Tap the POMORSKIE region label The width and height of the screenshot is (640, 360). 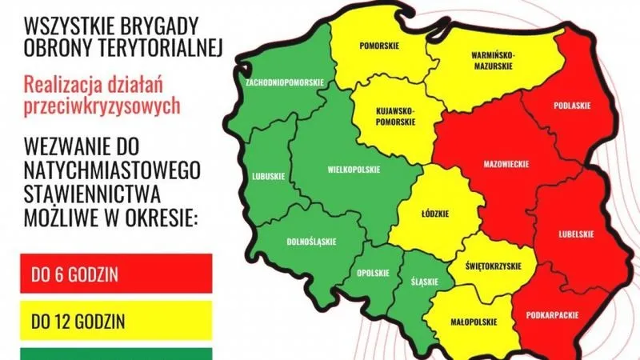(x=381, y=46)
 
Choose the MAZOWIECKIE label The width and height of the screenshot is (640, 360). (x=507, y=163)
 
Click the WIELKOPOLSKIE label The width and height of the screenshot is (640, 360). (x=354, y=170)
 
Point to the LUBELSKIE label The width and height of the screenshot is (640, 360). (x=575, y=234)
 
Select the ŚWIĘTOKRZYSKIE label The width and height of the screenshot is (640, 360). (x=493, y=266)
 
